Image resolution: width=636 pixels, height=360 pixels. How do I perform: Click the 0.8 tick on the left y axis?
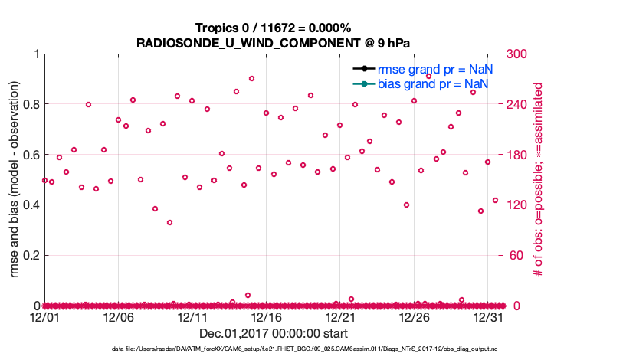[29, 104]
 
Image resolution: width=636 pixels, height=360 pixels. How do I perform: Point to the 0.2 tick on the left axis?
[29, 255]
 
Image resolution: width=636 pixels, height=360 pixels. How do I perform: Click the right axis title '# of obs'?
[539, 180]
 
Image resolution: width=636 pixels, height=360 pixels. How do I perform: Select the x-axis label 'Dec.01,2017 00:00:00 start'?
[273, 333]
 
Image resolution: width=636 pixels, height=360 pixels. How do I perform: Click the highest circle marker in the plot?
[251, 78]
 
